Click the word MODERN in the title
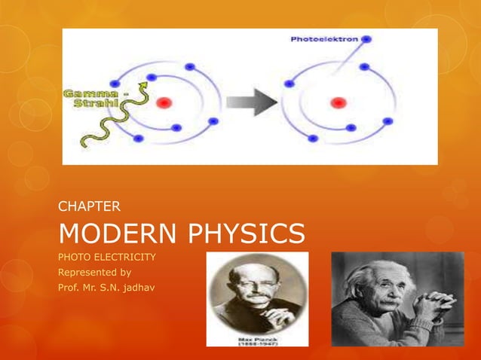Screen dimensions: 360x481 [112, 234]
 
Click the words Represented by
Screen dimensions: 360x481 [95, 272]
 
